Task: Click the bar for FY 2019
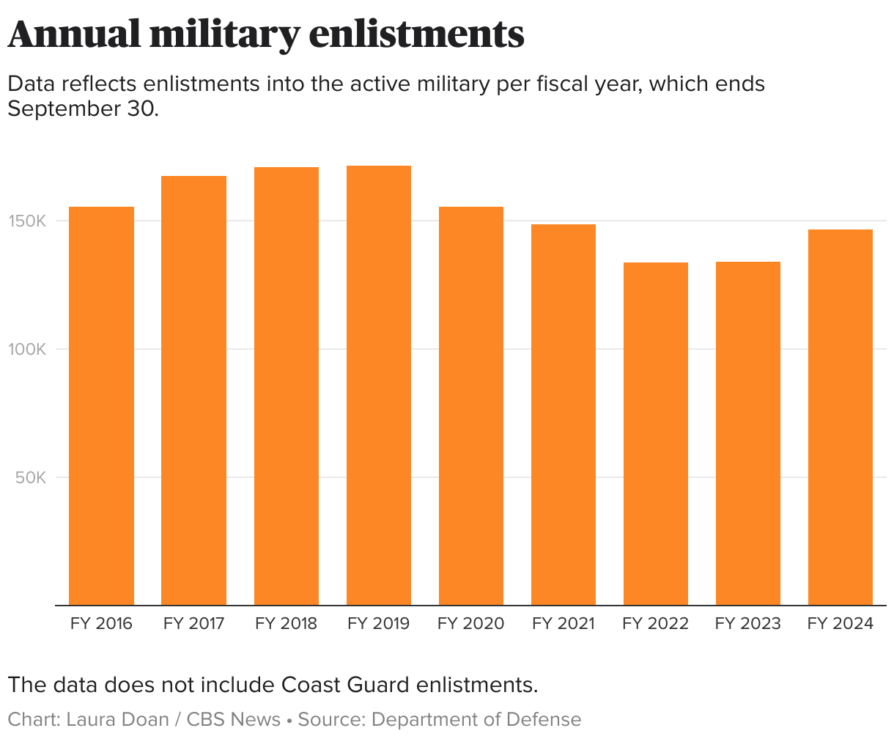379,386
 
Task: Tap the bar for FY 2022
656,434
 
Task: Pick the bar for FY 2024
841,417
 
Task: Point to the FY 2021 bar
564,415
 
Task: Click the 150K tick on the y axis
28,221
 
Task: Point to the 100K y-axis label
28,350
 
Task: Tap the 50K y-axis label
32,478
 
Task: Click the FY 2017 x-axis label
193,624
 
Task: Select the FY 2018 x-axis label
287,624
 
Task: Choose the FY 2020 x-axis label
471,624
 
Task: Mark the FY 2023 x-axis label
748,624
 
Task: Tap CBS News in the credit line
234,720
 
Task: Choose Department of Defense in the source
476,720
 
